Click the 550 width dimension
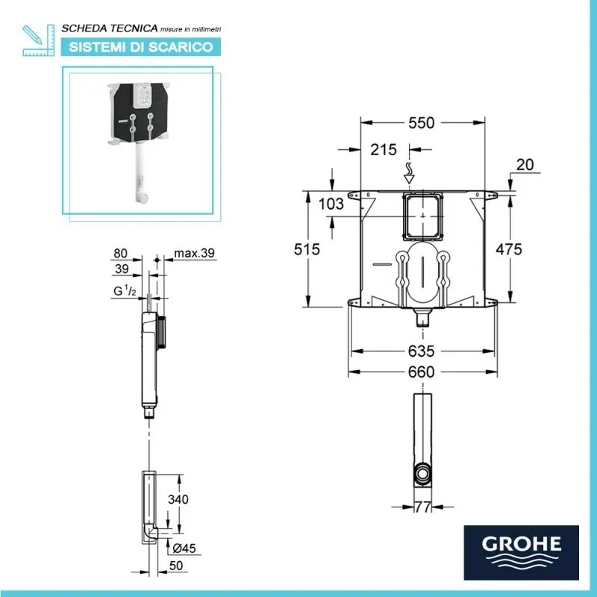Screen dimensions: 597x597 [x=422, y=123]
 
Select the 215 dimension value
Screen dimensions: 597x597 [x=384, y=149]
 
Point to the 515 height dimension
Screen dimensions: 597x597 [x=306, y=249]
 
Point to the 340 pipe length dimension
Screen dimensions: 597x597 [x=179, y=500]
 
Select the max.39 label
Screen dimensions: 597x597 [x=194, y=254]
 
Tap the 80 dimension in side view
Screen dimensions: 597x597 [x=122, y=254]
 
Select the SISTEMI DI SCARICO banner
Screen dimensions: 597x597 [x=141, y=47]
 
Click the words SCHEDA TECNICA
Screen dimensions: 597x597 [x=109, y=28]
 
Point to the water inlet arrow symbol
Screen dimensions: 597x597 [x=409, y=173]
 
